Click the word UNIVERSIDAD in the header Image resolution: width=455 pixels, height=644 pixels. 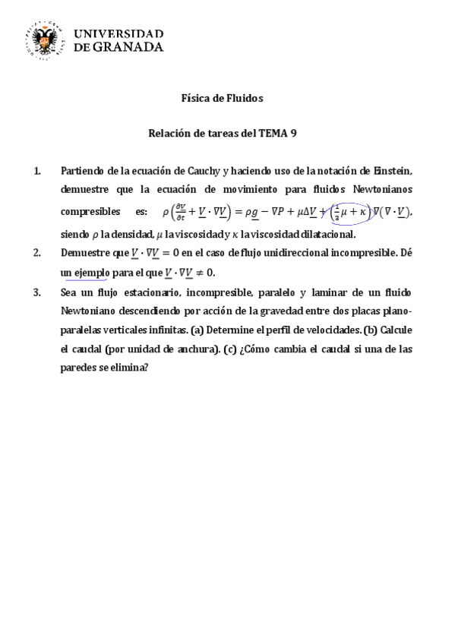119,33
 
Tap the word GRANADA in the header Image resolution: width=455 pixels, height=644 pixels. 131,46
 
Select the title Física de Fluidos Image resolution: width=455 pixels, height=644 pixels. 222,98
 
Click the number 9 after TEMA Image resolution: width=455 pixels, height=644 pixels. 293,133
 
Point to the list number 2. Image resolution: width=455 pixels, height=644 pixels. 39,253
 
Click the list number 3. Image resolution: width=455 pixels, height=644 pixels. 39,292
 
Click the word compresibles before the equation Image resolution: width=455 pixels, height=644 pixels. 90,210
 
